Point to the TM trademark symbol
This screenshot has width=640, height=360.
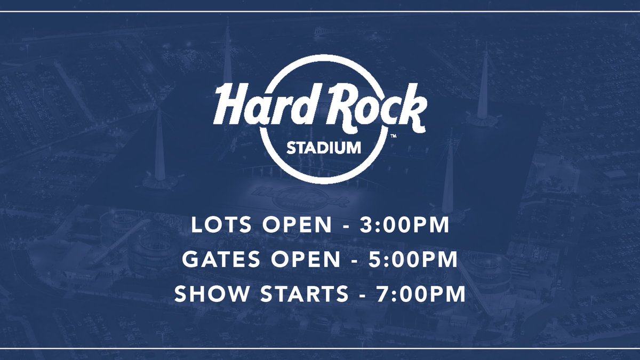[x=393, y=137]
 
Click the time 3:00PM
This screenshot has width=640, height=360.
[x=404, y=226]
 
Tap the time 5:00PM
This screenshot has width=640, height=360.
[x=414, y=260]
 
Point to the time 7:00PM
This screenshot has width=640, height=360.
[x=421, y=294]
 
